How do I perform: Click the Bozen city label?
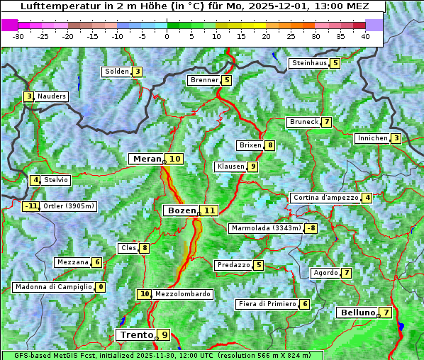180,210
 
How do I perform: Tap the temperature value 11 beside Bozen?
209,210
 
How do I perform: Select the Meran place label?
147,159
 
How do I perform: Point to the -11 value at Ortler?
31,206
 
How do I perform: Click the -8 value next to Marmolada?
311,228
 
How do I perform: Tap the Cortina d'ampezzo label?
325,198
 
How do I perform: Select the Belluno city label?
357,313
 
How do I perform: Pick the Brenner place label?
204,80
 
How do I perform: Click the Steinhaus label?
309,63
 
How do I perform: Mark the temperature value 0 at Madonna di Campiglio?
101,287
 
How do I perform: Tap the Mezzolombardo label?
182,293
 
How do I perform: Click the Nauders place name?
52,96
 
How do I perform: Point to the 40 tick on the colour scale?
364,36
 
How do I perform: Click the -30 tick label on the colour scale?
18,36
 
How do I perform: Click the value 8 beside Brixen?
270,145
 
